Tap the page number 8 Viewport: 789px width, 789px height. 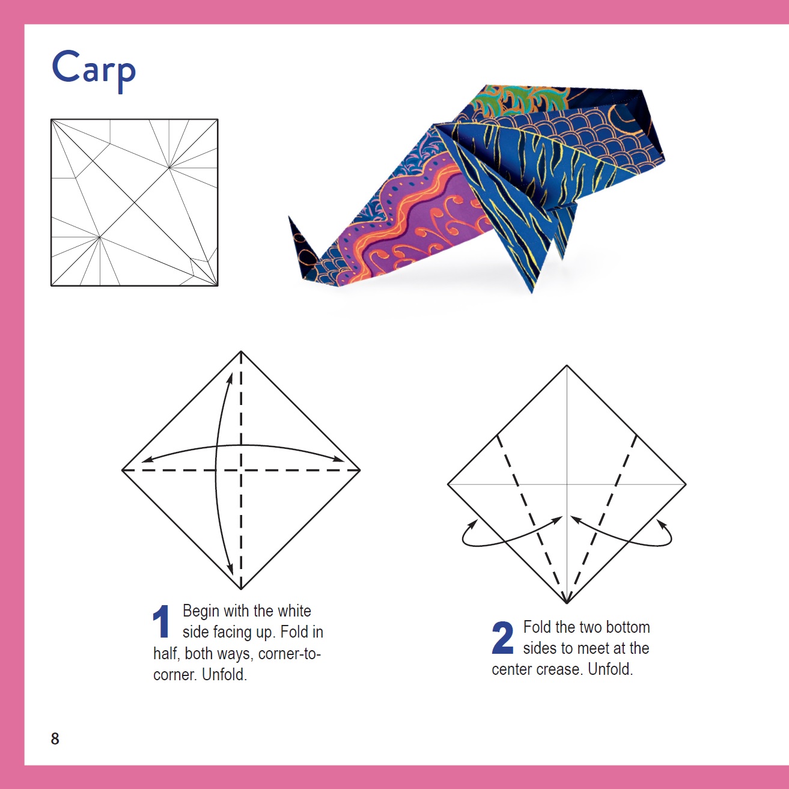(x=55, y=739)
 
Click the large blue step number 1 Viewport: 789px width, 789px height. (x=161, y=622)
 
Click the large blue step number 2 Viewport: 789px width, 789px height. (x=502, y=638)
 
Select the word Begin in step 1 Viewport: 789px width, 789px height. (x=201, y=611)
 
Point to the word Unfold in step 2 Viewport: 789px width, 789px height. (x=610, y=669)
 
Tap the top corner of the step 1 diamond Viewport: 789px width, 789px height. (x=241, y=352)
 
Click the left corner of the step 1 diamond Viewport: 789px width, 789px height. (x=123, y=470)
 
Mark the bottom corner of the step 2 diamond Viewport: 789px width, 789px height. (x=567, y=602)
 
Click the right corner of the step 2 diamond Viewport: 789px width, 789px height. (x=685, y=484)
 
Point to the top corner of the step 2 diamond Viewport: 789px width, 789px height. (x=567, y=366)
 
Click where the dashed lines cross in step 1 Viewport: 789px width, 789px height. (x=241, y=470)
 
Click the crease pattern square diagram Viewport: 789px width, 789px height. (x=134, y=203)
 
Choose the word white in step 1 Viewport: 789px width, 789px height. (x=294, y=611)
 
